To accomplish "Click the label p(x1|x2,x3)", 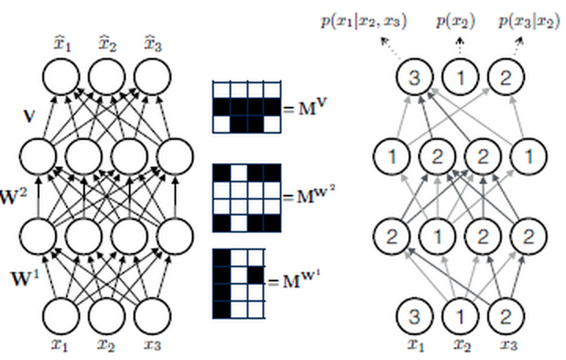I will pyautogui.click(x=364, y=21).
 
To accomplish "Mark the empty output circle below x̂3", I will pyautogui.click(x=152, y=78).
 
